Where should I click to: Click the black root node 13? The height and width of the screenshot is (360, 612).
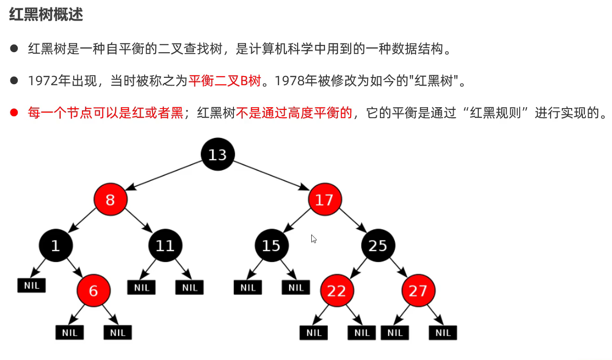pyautogui.click(x=217, y=154)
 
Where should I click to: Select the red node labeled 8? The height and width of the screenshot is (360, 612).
pyautogui.click(x=110, y=200)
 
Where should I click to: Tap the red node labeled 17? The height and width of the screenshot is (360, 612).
pyautogui.click(x=325, y=200)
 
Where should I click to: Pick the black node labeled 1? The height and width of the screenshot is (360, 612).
pyautogui.click(x=55, y=246)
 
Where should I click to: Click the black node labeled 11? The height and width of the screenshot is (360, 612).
pyautogui.click(x=165, y=246)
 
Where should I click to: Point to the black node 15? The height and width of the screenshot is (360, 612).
pyautogui.click(x=271, y=246)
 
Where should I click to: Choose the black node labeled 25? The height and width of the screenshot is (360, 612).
pyautogui.click(x=378, y=246)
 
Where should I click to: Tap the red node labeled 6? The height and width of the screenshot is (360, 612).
pyautogui.click(x=93, y=290)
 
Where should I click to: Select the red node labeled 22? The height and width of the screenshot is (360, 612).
pyautogui.click(x=337, y=290)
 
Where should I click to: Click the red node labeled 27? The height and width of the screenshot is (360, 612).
pyautogui.click(x=418, y=290)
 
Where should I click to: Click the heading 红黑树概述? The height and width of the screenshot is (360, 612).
pyautogui.click(x=46, y=15)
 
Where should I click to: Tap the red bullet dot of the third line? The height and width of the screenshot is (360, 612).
pyautogui.click(x=14, y=112)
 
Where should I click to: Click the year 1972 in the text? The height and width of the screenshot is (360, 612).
pyautogui.click(x=43, y=81)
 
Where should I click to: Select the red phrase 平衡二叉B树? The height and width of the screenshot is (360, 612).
pyautogui.click(x=224, y=81)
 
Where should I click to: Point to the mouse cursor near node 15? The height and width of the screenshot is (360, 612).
pyautogui.click(x=314, y=239)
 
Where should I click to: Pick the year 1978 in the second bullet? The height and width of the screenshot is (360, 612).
pyautogui.click(x=291, y=81)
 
